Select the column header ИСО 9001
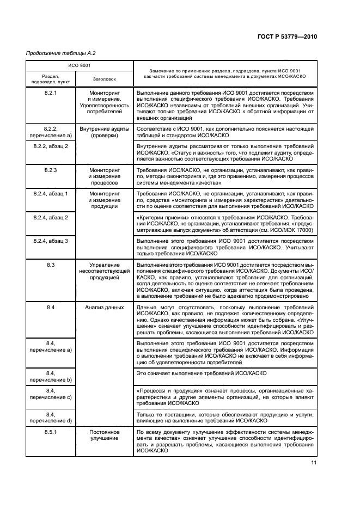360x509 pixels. [77, 66]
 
